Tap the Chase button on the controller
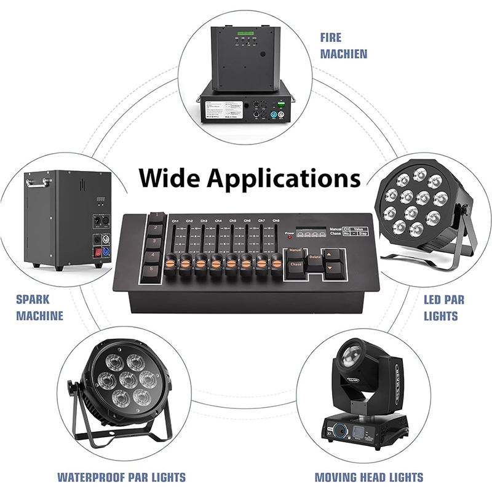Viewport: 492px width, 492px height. [296, 264]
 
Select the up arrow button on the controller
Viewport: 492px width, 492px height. [333, 253]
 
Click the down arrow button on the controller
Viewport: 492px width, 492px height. [333, 269]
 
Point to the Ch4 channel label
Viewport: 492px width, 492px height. [218, 220]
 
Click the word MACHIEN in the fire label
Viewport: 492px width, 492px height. [343, 54]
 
